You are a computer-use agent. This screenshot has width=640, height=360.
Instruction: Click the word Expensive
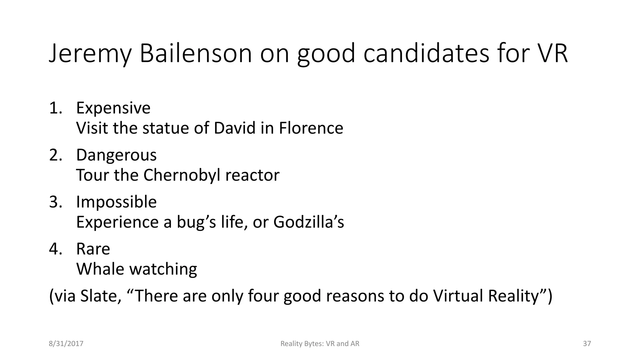click(x=113, y=108)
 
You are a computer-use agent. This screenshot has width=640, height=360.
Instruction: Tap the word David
click(x=234, y=128)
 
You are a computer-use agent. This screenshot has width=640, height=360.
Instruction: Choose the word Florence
click(x=311, y=128)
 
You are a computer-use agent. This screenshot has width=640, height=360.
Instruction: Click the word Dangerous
click(x=116, y=155)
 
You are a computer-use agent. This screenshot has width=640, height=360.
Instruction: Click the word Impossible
click(x=116, y=202)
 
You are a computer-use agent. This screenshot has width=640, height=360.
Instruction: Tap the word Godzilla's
click(x=308, y=222)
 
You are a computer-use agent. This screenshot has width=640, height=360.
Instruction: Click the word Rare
click(x=93, y=249)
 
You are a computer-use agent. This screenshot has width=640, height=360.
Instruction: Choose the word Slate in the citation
click(x=100, y=296)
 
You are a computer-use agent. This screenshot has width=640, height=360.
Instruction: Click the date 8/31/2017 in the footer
click(x=66, y=344)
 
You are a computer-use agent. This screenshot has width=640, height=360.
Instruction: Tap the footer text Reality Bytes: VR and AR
click(x=320, y=344)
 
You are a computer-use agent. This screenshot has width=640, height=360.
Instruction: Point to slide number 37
click(x=587, y=344)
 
